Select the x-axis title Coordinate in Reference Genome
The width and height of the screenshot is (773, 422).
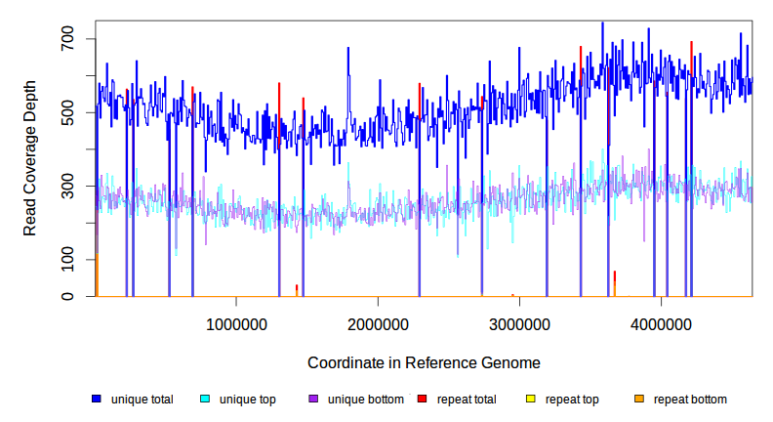click(x=424, y=362)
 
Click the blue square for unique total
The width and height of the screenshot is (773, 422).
click(x=97, y=400)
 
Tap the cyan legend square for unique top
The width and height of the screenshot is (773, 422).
click(x=205, y=400)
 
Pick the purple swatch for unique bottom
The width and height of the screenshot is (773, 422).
click(x=313, y=400)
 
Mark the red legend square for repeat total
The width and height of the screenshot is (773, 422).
click(x=422, y=400)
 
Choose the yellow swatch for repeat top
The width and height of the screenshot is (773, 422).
click(x=531, y=400)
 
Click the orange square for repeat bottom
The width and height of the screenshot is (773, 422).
click(x=639, y=400)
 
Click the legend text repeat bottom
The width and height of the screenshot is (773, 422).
click(x=690, y=400)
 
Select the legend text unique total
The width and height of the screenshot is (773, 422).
click(x=142, y=400)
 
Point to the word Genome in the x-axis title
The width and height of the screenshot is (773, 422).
click(x=510, y=362)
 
